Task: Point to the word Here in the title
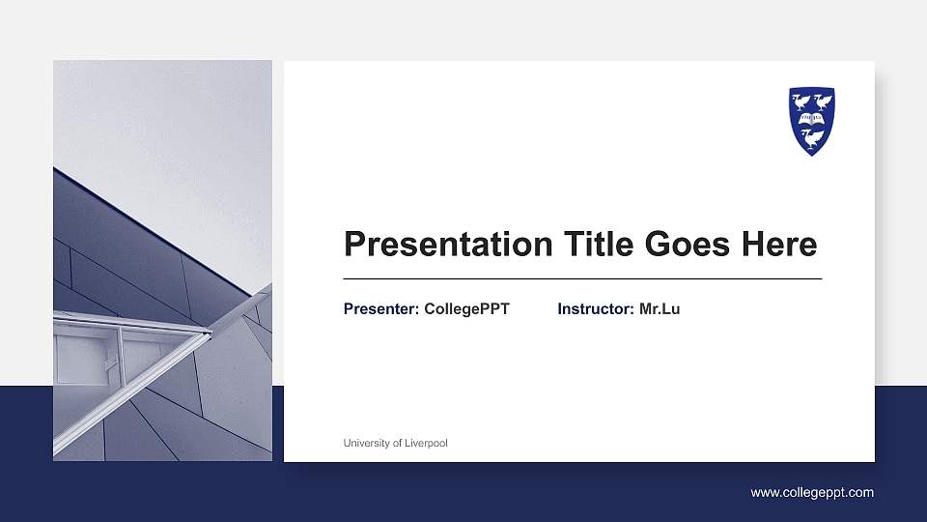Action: click(778, 245)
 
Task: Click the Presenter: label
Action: click(381, 309)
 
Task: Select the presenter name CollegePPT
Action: click(466, 309)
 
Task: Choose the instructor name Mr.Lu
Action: click(660, 309)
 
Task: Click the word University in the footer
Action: click(367, 443)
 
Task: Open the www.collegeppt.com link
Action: click(812, 493)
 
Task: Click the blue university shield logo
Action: click(811, 121)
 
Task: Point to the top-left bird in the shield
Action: click(801, 101)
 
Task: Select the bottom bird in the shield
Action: click(812, 138)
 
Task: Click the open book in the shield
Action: click(812, 119)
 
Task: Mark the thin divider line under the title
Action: click(582, 278)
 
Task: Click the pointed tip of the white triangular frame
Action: click(210, 333)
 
